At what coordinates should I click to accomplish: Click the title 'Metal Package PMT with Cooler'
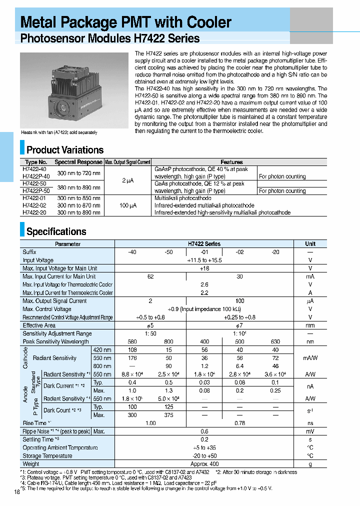(x=125, y=22)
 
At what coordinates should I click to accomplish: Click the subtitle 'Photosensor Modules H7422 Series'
(x=109, y=38)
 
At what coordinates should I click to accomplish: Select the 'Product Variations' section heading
(x=65, y=150)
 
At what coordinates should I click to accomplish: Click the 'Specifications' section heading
(x=56, y=231)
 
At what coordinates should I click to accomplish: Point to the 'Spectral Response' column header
(x=78, y=162)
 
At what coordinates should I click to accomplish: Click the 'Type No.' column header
(x=36, y=162)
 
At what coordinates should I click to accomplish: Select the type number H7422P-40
(x=36, y=176)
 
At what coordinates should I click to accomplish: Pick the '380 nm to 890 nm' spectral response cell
(x=78, y=187)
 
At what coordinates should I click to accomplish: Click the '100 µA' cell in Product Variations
(x=127, y=205)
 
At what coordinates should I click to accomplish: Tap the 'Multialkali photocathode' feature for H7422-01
(x=183, y=198)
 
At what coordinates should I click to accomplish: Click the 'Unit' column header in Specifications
(x=310, y=244)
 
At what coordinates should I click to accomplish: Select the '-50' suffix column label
(x=168, y=252)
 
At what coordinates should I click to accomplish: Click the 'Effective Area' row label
(x=39, y=325)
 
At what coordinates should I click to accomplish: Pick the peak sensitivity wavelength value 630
(x=275, y=341)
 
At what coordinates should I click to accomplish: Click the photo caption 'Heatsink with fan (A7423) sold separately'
(x=59, y=132)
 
